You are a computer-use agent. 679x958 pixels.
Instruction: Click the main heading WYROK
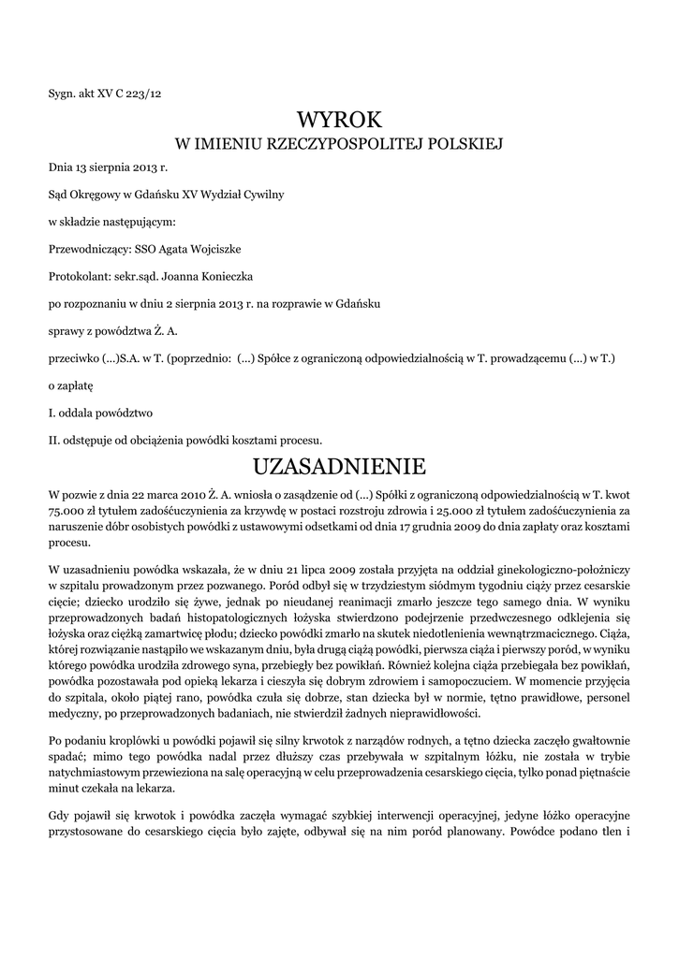click(340, 120)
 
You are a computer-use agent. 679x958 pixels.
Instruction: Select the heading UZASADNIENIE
click(340, 465)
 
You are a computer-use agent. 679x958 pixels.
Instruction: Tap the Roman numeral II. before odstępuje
click(53, 439)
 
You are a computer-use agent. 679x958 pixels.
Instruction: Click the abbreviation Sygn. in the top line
click(62, 93)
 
